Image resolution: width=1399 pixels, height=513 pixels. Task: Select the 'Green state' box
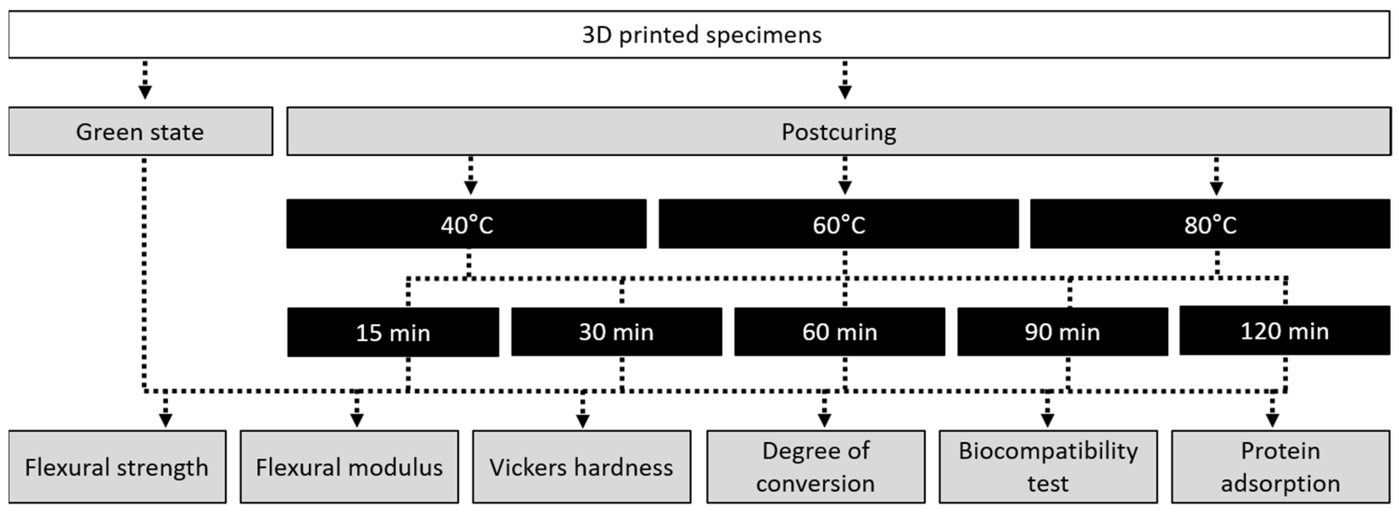(x=140, y=132)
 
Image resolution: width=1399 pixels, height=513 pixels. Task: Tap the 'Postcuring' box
(x=839, y=132)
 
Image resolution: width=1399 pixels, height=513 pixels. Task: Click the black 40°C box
(x=467, y=224)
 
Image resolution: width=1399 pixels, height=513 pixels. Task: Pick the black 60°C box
(x=839, y=224)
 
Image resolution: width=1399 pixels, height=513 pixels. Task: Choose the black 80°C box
(x=1210, y=224)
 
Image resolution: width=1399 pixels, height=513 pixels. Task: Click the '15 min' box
(x=393, y=332)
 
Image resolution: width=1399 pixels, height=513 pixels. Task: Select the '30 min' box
(x=616, y=331)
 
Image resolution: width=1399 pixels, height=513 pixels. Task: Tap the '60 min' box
(x=839, y=331)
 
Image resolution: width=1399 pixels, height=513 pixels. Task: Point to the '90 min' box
(x=1062, y=331)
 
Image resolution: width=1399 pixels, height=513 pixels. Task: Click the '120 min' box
(x=1284, y=331)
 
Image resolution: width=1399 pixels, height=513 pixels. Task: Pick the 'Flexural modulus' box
(x=349, y=467)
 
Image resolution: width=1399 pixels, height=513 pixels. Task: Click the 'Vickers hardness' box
(x=581, y=467)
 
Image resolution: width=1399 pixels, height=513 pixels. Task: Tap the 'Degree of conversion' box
(x=815, y=467)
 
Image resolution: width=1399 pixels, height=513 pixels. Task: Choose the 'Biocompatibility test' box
(x=1048, y=467)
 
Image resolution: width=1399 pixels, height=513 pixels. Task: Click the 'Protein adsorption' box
(x=1280, y=467)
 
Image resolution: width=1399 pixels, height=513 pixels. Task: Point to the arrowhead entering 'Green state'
(x=145, y=93)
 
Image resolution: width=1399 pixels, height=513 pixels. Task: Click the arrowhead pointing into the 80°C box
(x=1217, y=188)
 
